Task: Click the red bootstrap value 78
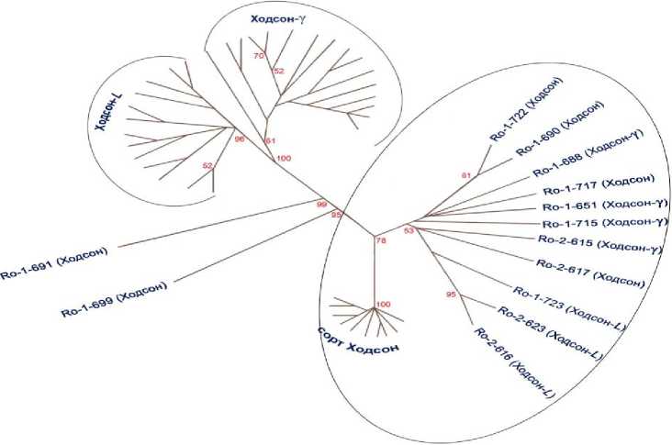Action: [382, 240]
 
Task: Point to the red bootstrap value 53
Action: [409, 229]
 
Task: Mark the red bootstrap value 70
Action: [259, 56]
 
